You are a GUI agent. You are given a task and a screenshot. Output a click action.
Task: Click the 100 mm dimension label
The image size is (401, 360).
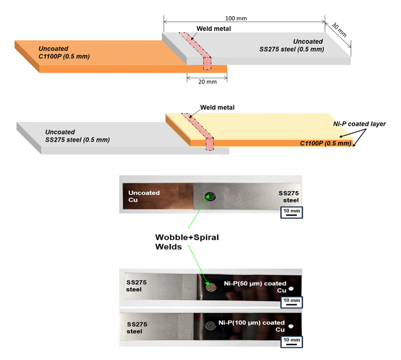pos(237,18)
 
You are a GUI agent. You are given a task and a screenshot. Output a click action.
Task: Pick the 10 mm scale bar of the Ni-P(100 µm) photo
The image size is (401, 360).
pos(291,341)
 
